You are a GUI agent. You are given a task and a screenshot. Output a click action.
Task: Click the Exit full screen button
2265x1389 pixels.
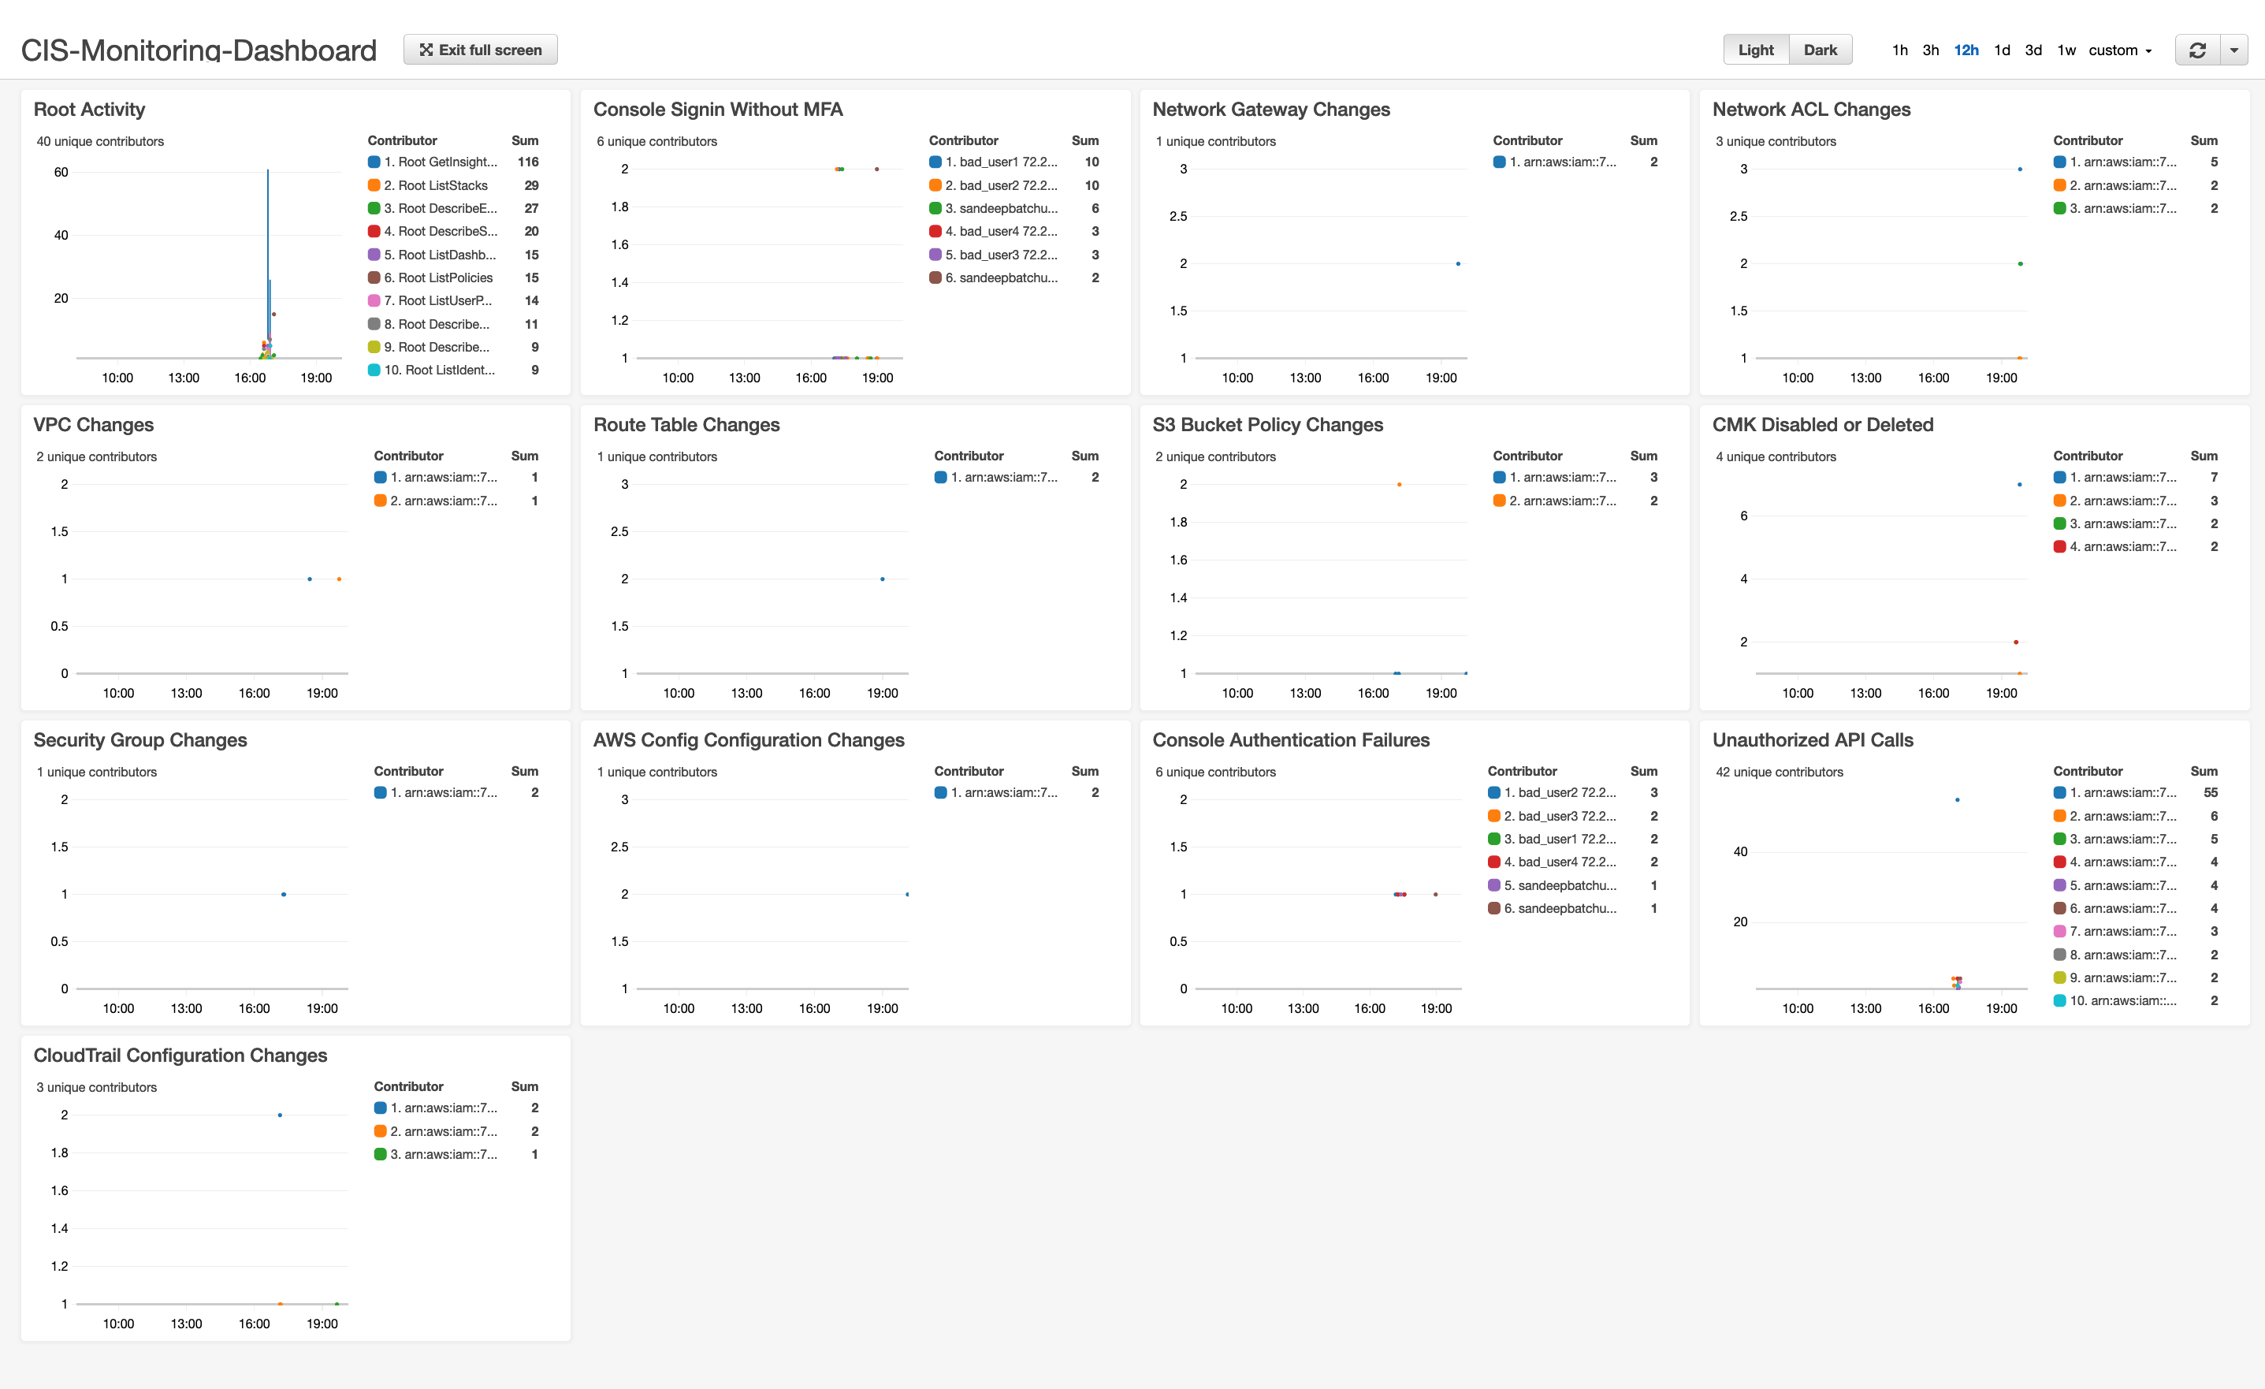[480, 50]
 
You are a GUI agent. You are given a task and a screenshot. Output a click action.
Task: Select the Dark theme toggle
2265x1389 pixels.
[1819, 50]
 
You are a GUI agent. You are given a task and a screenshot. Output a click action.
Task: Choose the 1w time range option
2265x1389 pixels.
[2066, 50]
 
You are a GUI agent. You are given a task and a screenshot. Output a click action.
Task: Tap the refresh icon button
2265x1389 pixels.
[2197, 50]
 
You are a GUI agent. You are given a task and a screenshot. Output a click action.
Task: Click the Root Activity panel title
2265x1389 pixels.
[89, 110]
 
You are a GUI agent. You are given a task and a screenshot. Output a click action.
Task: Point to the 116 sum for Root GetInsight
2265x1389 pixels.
[528, 162]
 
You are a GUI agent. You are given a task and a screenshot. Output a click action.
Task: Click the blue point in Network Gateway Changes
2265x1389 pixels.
[1458, 264]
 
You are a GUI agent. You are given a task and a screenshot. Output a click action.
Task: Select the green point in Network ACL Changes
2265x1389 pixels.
[2020, 264]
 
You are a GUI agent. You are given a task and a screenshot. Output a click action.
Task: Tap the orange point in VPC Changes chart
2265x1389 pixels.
[339, 579]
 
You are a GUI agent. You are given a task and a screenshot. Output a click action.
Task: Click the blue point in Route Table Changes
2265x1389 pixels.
[883, 579]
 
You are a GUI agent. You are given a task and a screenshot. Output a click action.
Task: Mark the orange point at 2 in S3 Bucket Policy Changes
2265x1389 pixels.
[1399, 485]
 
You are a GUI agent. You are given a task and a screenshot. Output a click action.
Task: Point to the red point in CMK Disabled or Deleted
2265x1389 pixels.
[2016, 642]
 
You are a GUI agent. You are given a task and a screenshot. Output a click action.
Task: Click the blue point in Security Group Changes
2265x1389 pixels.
[283, 895]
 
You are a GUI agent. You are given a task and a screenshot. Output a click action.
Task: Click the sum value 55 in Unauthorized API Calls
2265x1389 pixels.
[2210, 792]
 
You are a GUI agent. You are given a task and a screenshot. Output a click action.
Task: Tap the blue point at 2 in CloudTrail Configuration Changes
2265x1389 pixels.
[280, 1115]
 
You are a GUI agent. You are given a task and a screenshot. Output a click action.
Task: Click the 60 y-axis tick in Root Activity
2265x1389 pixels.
[61, 172]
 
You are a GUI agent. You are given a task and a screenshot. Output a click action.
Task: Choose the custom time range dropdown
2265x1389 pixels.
[2120, 50]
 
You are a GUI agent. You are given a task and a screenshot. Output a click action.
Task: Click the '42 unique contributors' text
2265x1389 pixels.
[1779, 773]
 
